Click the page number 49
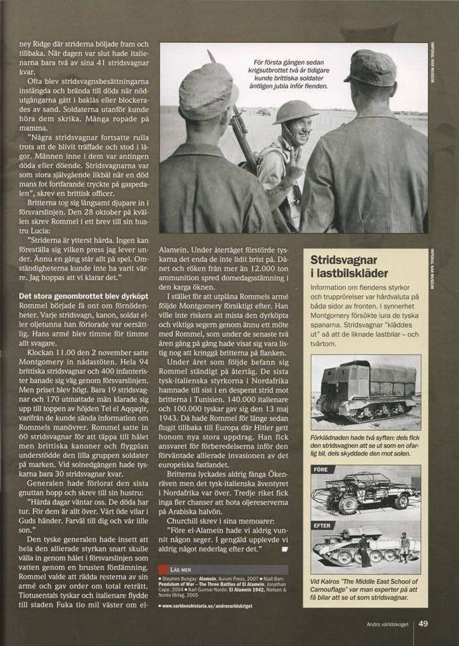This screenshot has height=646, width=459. (423, 623)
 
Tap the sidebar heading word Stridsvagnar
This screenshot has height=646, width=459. (344, 259)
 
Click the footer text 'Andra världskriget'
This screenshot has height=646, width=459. (387, 624)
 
